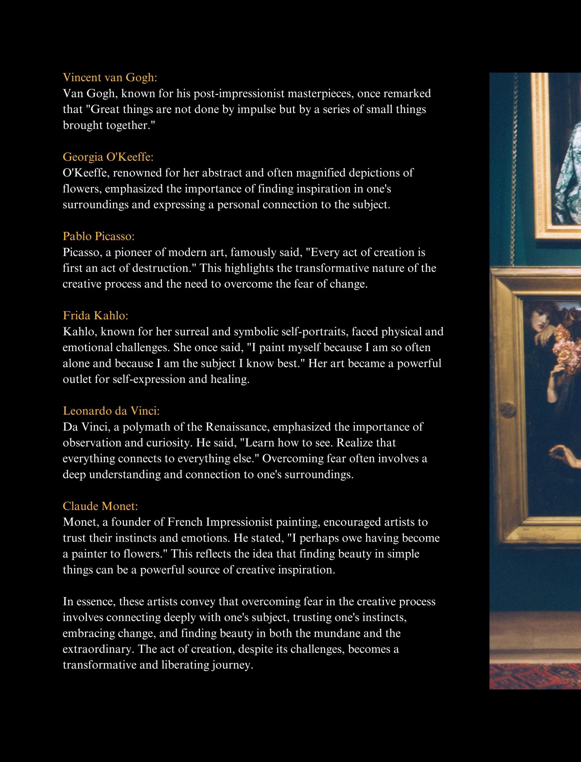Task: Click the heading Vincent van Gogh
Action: pos(110,78)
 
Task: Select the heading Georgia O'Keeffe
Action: pos(108,157)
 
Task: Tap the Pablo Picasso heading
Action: pos(98,236)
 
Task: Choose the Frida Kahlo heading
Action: pos(96,316)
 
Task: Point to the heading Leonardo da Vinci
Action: pos(111,411)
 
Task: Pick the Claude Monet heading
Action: pos(100,506)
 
